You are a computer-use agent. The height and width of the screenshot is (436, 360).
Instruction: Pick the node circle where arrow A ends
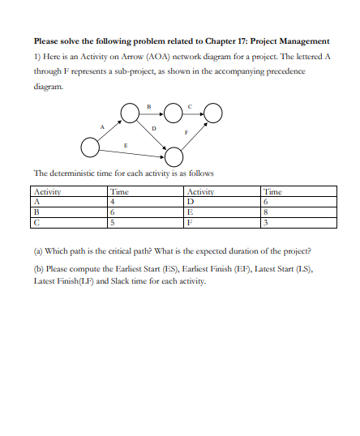click(x=130, y=113)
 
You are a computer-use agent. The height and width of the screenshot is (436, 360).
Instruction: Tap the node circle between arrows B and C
click(x=172, y=113)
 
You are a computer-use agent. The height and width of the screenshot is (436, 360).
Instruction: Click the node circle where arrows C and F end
click(x=212, y=113)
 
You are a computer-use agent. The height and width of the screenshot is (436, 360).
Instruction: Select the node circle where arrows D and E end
click(x=173, y=155)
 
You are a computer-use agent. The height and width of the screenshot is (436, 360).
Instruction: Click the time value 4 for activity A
click(x=112, y=201)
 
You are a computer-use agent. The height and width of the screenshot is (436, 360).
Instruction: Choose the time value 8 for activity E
click(x=267, y=210)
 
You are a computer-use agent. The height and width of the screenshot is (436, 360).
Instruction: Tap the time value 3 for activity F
click(x=267, y=219)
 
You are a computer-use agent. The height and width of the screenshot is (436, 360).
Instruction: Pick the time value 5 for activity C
click(x=112, y=219)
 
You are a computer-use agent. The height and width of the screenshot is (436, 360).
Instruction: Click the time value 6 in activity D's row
click(x=267, y=201)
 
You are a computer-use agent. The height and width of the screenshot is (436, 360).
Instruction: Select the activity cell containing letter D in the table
click(x=190, y=201)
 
